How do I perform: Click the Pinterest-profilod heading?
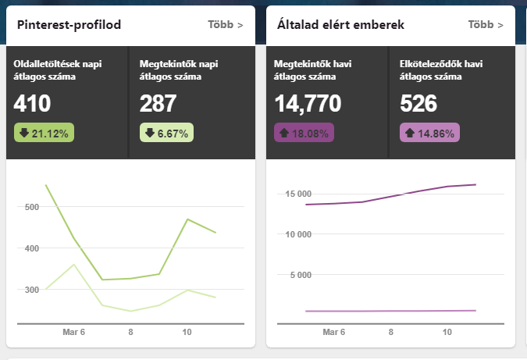pos(69,25)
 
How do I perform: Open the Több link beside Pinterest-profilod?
pos(226,25)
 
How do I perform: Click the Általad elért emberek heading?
pos(340,25)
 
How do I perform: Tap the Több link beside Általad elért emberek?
pos(486,25)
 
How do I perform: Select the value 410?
pos(32,104)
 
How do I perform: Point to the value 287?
pos(158,104)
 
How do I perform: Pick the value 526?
pos(418,104)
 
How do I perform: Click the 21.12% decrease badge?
pos(43,134)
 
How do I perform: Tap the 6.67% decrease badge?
pos(166,134)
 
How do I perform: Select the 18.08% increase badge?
pos(304,134)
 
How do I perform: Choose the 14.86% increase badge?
pos(429,134)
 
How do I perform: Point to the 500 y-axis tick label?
pos(32,208)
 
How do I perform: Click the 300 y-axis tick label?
pos(32,290)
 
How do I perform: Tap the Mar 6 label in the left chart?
pos(73,332)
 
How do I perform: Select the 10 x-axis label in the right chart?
pos(447,332)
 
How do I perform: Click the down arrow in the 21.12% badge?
pos(23,134)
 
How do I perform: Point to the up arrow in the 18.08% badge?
pos(283,134)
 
